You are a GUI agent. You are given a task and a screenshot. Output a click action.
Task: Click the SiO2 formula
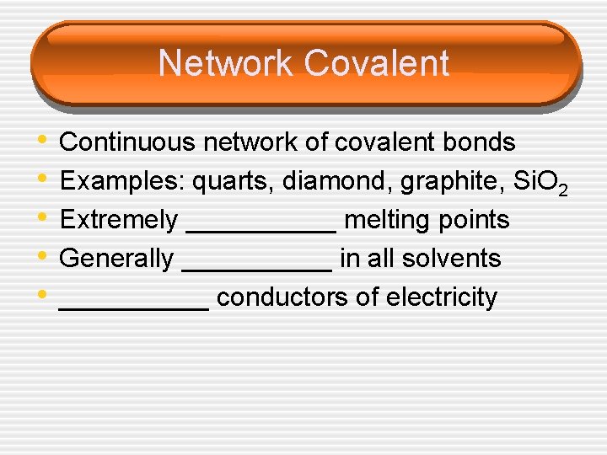pyautogui.click(x=540, y=183)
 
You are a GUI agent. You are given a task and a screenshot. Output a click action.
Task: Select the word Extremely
pyautogui.click(x=119, y=220)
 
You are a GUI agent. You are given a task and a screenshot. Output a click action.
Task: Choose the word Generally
pyautogui.click(x=117, y=259)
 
